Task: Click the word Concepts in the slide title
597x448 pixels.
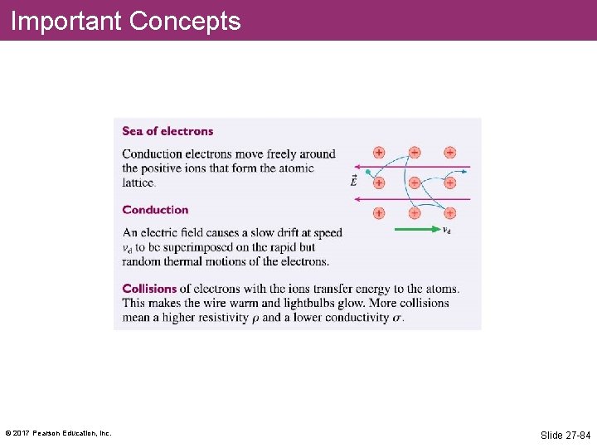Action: (x=185, y=21)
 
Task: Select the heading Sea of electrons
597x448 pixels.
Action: (x=167, y=131)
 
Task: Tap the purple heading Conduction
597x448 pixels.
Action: (x=155, y=210)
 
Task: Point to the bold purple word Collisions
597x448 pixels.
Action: (x=149, y=289)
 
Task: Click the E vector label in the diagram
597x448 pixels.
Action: (x=354, y=181)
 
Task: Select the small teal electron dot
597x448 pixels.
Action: (x=367, y=173)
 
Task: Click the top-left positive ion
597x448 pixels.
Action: (x=379, y=153)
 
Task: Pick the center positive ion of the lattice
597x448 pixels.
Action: (x=415, y=183)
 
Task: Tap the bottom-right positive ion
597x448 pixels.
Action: (x=450, y=213)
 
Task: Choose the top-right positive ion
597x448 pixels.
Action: (x=450, y=153)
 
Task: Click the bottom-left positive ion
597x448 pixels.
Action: (x=379, y=213)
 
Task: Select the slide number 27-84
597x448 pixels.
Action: (x=565, y=435)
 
